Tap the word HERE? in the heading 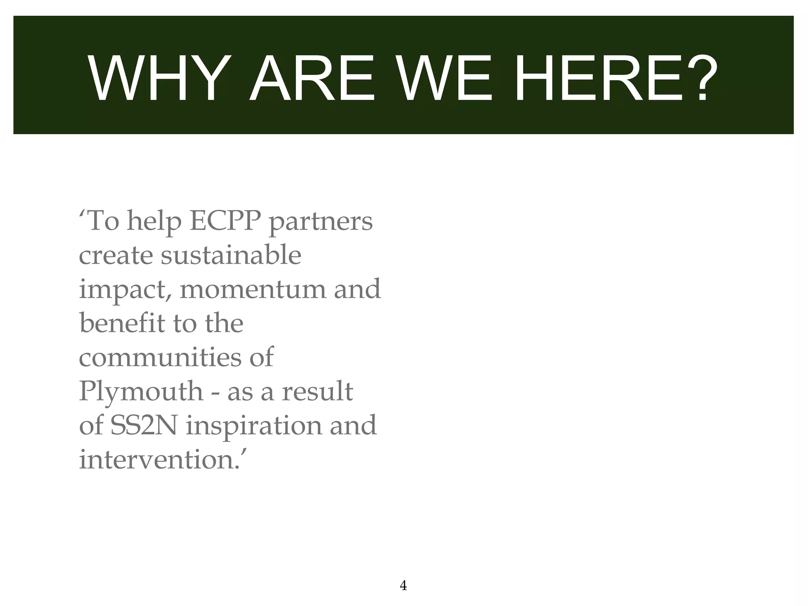pos(615,79)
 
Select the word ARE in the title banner pos(312,79)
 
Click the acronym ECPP pos(225,222)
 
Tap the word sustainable pos(231,256)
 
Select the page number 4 pos(403,585)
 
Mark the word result pos(317,392)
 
